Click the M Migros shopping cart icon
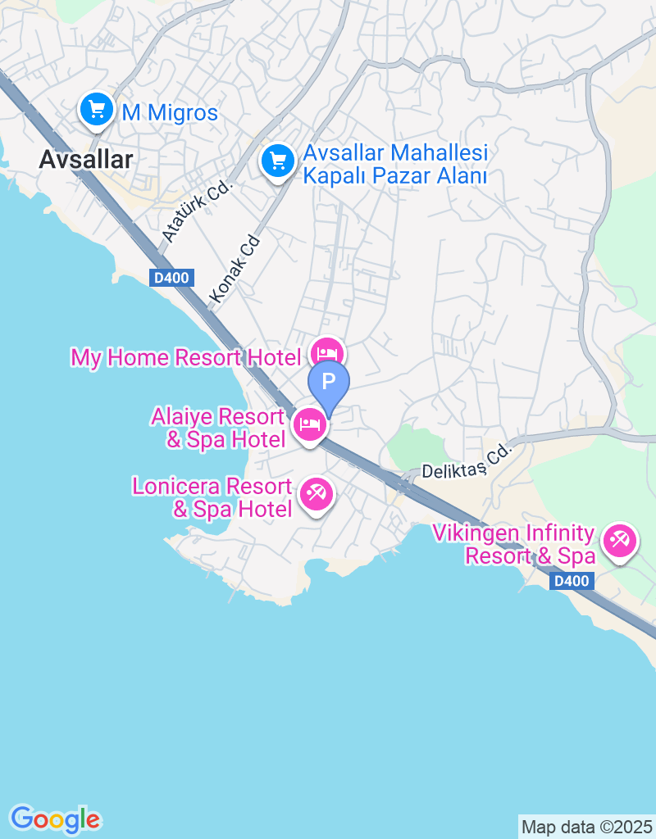pyautogui.click(x=97, y=109)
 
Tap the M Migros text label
pyautogui.click(x=171, y=112)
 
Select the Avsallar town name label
pyautogui.click(x=85, y=160)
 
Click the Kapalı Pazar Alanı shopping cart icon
pyautogui.click(x=278, y=160)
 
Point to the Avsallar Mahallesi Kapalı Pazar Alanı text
pyautogui.click(x=395, y=164)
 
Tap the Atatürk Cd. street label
pyautogui.click(x=198, y=211)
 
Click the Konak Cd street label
pyautogui.click(x=235, y=267)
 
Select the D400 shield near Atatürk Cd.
pyautogui.click(x=171, y=278)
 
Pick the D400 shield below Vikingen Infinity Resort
pyautogui.click(x=570, y=581)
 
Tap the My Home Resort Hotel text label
pyautogui.click(x=186, y=358)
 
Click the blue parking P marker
pyautogui.click(x=328, y=382)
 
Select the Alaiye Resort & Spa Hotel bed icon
pyautogui.click(x=310, y=424)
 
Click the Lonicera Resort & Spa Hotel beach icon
pyautogui.click(x=316, y=494)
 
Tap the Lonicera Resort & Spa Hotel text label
pyautogui.click(x=213, y=498)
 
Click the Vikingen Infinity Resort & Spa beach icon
pyautogui.click(x=619, y=541)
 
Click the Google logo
pyautogui.click(x=55, y=819)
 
